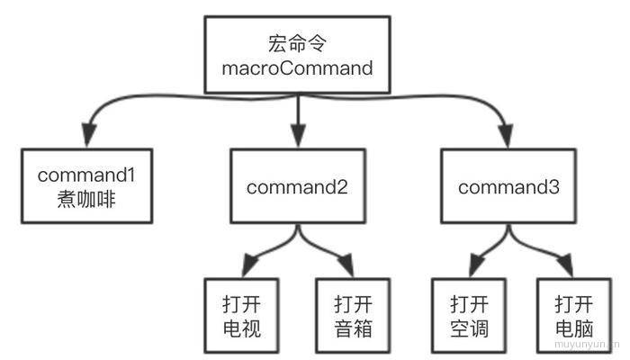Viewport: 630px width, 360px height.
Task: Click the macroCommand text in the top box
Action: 297,68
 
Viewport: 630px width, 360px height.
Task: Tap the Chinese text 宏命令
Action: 297,43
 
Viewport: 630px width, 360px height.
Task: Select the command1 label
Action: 86,175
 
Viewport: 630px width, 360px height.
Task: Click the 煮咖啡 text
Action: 86,199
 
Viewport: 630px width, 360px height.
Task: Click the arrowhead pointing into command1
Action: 89,135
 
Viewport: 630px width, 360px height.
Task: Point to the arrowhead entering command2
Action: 298,135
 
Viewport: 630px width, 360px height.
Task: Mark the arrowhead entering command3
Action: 506,135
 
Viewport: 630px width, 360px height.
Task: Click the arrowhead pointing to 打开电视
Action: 250,265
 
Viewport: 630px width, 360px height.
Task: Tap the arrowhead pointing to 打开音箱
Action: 346,265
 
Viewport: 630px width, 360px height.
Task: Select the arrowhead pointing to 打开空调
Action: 477,265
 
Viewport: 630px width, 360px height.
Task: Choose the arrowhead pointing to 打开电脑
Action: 565,265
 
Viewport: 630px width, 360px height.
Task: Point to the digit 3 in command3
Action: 554,187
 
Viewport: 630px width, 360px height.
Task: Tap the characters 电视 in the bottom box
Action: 242,328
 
